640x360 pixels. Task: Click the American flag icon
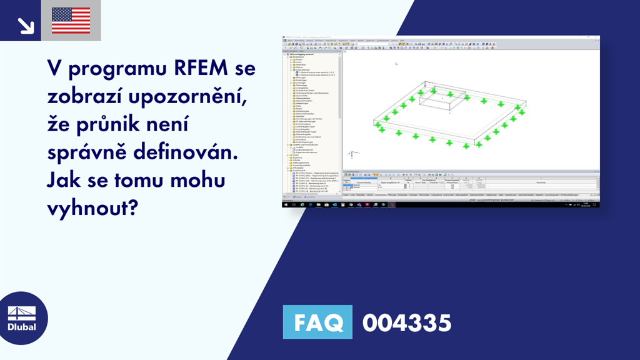[x=71, y=20]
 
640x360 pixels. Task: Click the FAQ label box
[x=317, y=322]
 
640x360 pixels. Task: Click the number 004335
[x=406, y=322]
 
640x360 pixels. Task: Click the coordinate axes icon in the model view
[x=351, y=153]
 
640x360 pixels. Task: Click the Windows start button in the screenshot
[x=285, y=204]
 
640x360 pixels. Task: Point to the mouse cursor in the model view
[x=396, y=63]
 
